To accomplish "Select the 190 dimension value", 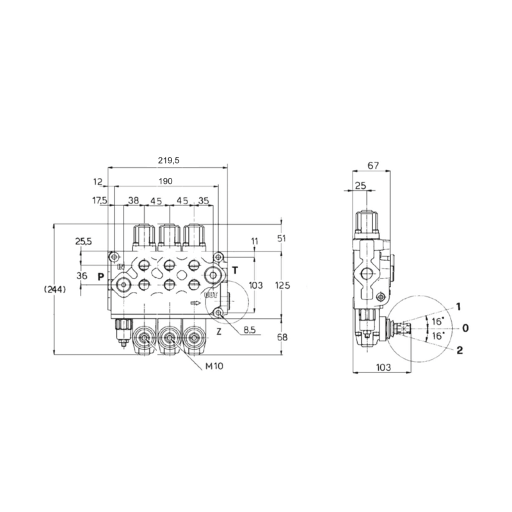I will click(165, 182).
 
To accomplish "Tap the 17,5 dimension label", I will click(99, 200).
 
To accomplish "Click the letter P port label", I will click(100, 276).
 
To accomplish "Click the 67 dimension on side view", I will click(374, 166).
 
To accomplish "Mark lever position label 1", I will click(459, 305).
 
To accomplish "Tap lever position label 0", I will click(465, 328).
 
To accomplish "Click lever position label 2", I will click(459, 349).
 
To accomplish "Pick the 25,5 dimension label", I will click(83, 241).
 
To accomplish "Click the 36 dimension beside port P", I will click(81, 276).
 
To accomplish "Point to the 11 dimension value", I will click(255, 241).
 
